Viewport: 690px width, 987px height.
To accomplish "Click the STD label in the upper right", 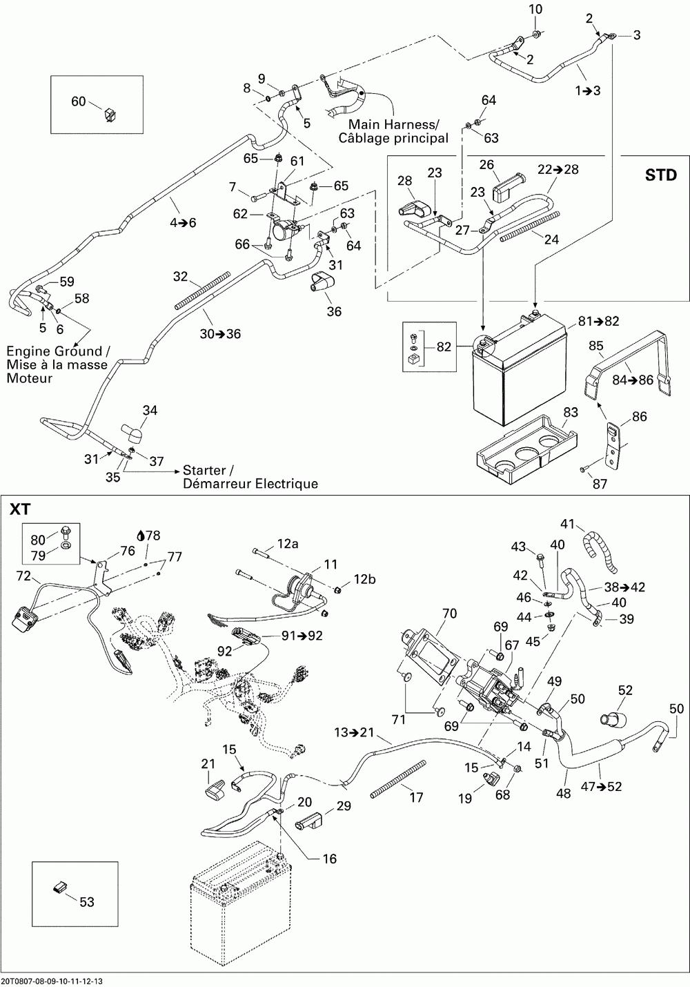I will [660, 175].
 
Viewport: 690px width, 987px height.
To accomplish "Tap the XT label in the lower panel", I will [19, 509].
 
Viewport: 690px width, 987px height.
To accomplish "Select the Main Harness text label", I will [393, 125].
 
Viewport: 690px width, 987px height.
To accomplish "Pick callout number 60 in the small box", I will [79, 101].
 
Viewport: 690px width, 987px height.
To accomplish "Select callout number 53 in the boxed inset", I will [86, 901].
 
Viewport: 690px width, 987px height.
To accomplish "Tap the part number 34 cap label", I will [150, 411].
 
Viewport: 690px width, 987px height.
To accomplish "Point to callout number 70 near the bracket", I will [449, 612].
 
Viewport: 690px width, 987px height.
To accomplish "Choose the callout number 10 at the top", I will [535, 10].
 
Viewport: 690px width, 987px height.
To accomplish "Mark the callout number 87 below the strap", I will [600, 484].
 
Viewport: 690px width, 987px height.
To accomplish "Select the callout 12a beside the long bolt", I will [288, 545].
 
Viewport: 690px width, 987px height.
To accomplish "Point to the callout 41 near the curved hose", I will [567, 522].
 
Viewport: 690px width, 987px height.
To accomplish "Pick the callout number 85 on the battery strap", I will [595, 345].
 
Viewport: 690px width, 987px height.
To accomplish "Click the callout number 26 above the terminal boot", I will [487, 164].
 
